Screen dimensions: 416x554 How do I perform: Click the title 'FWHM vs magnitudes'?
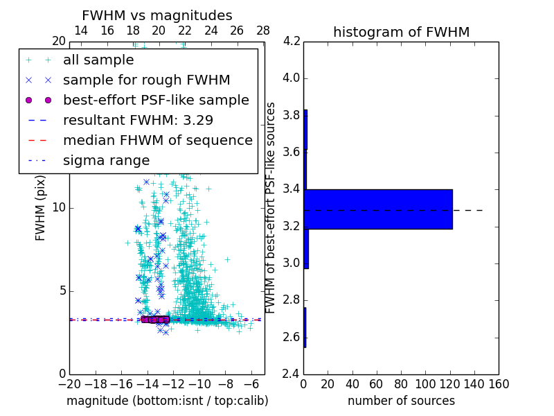[157, 15]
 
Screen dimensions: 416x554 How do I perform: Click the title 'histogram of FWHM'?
[401, 32]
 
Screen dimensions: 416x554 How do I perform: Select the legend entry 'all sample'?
[98, 60]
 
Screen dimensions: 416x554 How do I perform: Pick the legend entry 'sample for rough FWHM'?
[146, 80]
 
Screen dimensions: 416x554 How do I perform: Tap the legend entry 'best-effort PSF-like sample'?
[156, 100]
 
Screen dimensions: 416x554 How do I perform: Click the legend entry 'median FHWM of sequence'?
[157, 140]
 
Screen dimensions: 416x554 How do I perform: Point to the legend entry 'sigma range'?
[106, 160]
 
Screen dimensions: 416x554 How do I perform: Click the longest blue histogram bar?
[378, 209]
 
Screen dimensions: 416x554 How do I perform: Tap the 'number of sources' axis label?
[401, 401]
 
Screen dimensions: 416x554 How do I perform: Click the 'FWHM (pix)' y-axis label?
[41, 208]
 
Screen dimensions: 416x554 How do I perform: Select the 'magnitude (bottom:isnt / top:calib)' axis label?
[167, 401]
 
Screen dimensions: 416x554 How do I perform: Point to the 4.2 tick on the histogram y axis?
[291, 41]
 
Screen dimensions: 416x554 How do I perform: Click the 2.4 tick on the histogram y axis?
[291, 374]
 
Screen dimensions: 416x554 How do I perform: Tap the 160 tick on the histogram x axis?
[499, 384]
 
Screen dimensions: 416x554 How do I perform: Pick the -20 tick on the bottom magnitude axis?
[69, 384]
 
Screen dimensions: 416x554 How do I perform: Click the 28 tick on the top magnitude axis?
[263, 31]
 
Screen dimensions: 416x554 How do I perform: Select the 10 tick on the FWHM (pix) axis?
[58, 207]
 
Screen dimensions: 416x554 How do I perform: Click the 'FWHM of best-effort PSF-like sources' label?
[271, 208]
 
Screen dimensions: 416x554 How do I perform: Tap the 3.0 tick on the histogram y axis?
[291, 263]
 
